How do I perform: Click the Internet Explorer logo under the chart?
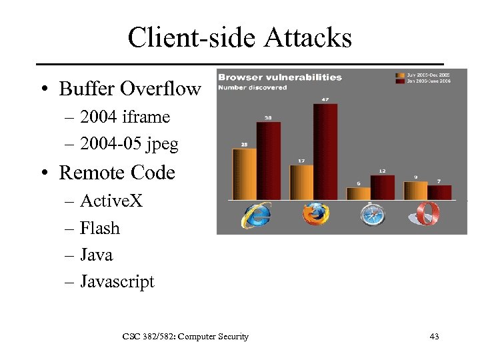click(x=256, y=215)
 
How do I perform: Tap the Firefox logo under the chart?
click(x=315, y=215)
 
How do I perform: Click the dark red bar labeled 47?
click(x=325, y=151)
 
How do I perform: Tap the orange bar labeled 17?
click(x=301, y=182)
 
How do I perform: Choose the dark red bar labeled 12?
click(x=382, y=187)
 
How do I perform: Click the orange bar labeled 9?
click(x=415, y=191)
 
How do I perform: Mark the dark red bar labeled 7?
click(x=439, y=192)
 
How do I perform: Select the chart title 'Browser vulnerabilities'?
click(x=280, y=77)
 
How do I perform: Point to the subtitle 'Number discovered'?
click(x=253, y=87)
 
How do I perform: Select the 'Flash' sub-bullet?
click(x=99, y=228)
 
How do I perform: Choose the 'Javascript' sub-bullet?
click(x=117, y=282)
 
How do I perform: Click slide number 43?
click(x=434, y=337)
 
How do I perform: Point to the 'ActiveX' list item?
click(x=111, y=201)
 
